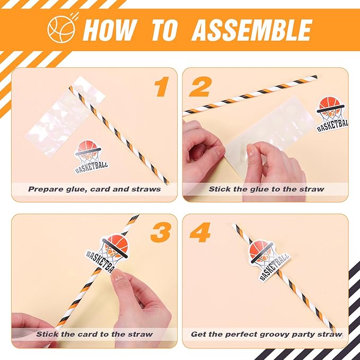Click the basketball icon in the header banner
[61, 29]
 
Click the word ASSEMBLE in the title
[252, 30]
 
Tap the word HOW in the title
[110, 30]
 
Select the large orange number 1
[162, 86]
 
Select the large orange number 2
[199, 87]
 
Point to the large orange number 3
[160, 232]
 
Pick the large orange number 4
[200, 232]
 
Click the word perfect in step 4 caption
[240, 335]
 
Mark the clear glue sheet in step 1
[65, 117]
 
